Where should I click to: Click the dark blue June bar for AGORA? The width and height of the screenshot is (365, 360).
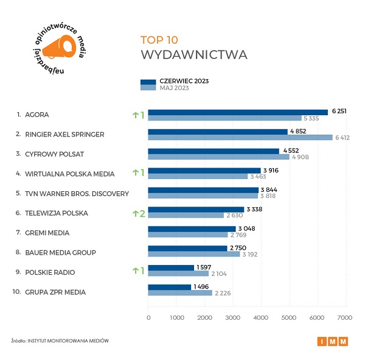[x=237, y=111]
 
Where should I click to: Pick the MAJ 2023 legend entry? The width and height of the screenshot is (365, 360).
[x=174, y=88]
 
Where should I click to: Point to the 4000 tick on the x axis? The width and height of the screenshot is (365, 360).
[x=261, y=317]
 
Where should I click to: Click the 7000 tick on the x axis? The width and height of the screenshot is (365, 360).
[x=345, y=317]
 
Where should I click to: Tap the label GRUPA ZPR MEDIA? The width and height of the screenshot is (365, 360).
[x=55, y=292]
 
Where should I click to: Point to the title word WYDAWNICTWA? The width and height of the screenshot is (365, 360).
[x=193, y=55]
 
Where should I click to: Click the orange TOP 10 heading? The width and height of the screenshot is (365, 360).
[x=159, y=40]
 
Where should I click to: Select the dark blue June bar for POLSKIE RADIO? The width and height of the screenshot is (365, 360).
[x=171, y=267]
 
